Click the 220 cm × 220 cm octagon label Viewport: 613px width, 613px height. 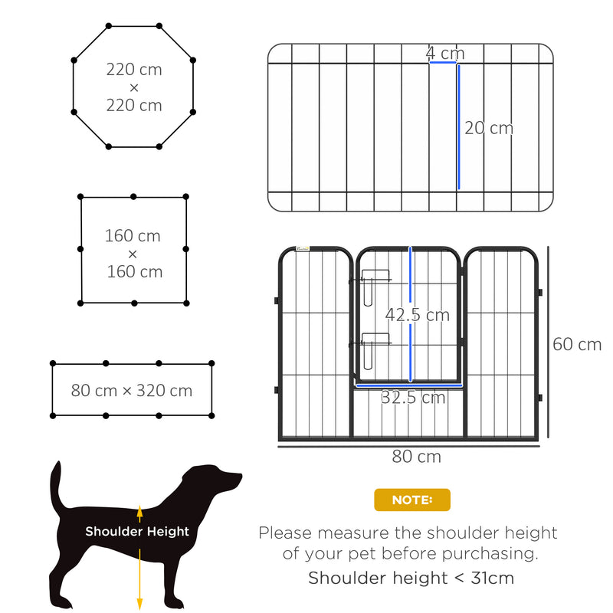(x=134, y=87)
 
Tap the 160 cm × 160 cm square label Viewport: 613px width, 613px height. (x=134, y=253)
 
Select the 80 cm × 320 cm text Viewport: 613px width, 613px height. (x=132, y=390)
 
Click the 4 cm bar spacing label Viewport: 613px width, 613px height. (x=445, y=53)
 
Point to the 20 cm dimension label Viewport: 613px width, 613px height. (x=489, y=128)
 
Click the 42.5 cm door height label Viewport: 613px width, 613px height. (x=417, y=315)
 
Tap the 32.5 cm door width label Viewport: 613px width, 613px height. (x=413, y=397)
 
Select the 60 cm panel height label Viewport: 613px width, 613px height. (x=577, y=344)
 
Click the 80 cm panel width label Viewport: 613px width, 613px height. (x=416, y=457)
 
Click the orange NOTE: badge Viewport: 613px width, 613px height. (x=412, y=500)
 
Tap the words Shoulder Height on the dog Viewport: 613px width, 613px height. (x=137, y=531)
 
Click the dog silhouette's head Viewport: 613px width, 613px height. (x=218, y=483)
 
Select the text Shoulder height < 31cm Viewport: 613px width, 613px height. (x=411, y=578)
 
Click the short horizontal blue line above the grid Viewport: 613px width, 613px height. (x=443, y=63)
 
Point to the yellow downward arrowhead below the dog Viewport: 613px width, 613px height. (x=139, y=602)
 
